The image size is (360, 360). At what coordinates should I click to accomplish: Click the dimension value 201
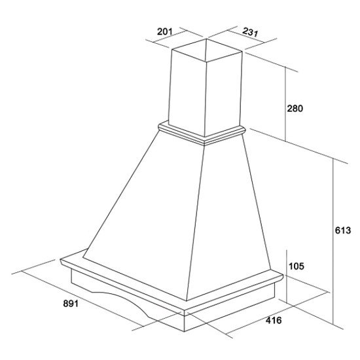[164, 31]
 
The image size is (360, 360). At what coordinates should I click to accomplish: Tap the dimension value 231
[251, 32]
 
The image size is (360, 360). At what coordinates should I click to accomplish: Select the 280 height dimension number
[295, 109]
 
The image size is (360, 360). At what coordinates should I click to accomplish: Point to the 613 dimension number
[343, 230]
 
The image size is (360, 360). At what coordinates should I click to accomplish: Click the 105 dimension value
[297, 266]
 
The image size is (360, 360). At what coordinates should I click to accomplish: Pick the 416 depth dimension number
[274, 320]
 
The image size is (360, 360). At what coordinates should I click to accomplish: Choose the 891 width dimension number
[71, 304]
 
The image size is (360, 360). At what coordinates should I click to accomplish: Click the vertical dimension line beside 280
[285, 104]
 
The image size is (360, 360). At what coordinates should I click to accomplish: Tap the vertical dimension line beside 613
[333, 241]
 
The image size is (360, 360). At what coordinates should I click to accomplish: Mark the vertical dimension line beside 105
[287, 276]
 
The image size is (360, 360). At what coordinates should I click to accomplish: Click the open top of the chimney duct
[207, 50]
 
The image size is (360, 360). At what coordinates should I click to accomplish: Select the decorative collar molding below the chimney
[202, 134]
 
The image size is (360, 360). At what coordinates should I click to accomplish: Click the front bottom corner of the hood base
[185, 331]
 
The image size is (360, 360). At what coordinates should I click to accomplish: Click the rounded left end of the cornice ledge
[62, 262]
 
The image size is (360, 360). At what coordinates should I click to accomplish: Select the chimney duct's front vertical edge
[206, 99]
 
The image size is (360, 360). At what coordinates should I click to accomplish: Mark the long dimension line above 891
[82, 298]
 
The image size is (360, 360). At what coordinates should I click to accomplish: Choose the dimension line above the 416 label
[276, 313]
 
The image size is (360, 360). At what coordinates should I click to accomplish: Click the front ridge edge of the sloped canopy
[196, 223]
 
